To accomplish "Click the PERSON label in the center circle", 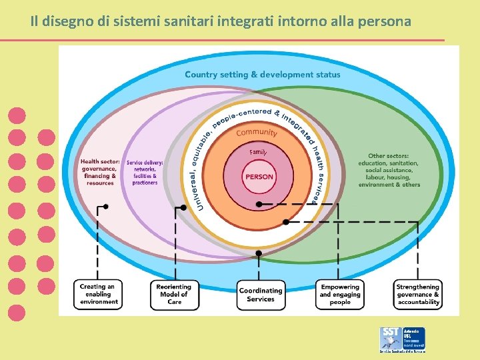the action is pyautogui.click(x=259, y=177).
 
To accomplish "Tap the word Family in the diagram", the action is pyautogui.click(x=258, y=153).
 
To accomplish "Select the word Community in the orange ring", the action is pyautogui.click(x=257, y=132).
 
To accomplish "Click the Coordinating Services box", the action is pyautogui.click(x=261, y=295).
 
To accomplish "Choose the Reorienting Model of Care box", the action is pyautogui.click(x=174, y=294).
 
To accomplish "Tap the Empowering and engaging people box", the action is pyautogui.click(x=340, y=294).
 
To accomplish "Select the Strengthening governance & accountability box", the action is pyautogui.click(x=418, y=294).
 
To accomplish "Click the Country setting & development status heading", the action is pyautogui.click(x=262, y=75).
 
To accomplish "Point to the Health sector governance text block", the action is pyautogui.click(x=100, y=172).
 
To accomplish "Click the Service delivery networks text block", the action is pyautogui.click(x=145, y=172).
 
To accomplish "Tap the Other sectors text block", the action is pyautogui.click(x=389, y=170).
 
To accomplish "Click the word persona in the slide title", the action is pyautogui.click(x=385, y=21).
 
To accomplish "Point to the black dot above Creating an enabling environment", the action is pyautogui.click(x=105, y=207).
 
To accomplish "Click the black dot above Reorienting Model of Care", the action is pyautogui.click(x=184, y=208).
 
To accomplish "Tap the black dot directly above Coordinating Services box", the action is pyautogui.click(x=259, y=253).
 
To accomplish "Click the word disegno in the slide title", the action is pyautogui.click(x=69, y=21).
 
